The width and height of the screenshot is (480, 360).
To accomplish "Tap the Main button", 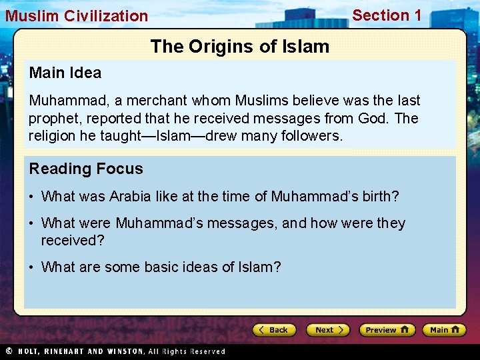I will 445,330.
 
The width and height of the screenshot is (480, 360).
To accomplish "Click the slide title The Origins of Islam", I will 240,47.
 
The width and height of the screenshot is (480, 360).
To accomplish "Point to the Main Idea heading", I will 65,73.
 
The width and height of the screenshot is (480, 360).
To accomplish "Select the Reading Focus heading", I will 86,169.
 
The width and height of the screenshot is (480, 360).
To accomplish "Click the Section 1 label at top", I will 387,15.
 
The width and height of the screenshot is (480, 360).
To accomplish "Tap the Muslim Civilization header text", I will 77,16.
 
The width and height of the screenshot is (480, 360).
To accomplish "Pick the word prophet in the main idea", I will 52,118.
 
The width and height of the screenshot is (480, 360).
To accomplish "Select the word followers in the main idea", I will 311,135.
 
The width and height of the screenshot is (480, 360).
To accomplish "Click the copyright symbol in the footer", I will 9,351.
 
